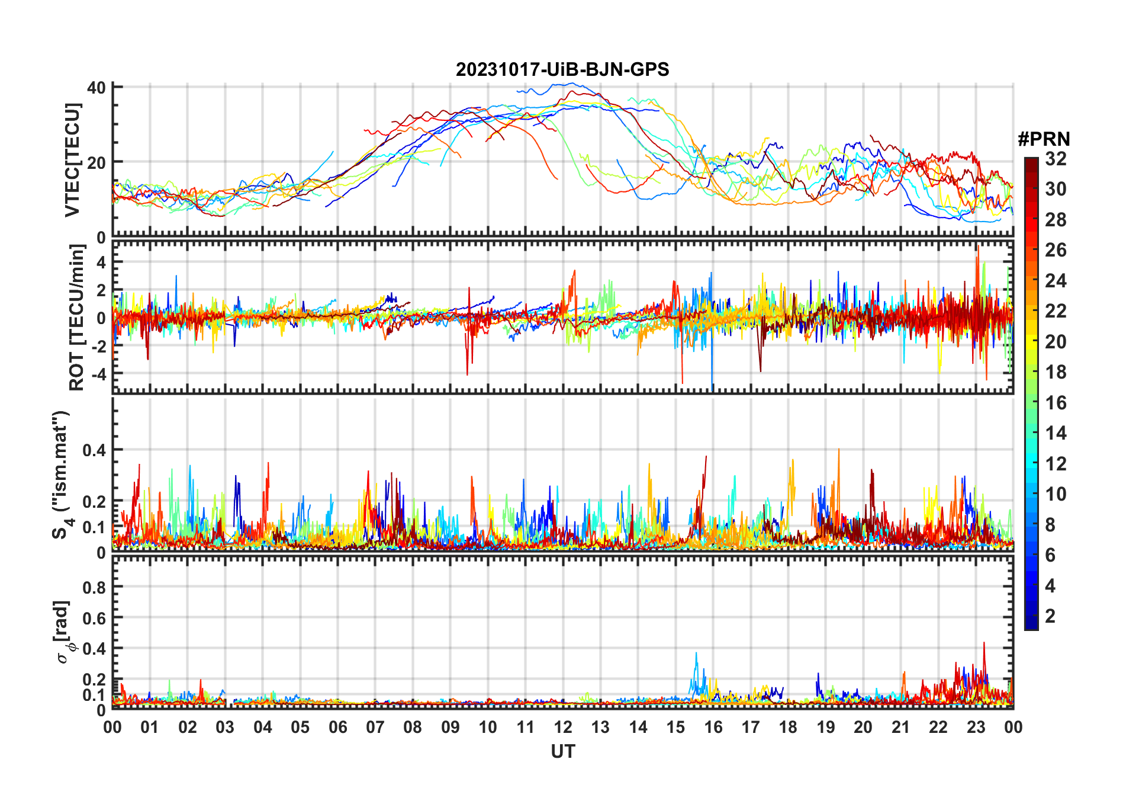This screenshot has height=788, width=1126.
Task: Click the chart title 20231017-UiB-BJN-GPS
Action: click(x=562, y=70)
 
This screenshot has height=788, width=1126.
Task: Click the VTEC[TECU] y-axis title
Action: click(x=72, y=161)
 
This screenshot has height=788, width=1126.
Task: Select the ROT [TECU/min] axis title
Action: click(x=76, y=318)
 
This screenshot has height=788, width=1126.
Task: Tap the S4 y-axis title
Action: click(x=62, y=474)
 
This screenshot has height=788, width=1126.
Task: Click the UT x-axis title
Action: click(x=562, y=751)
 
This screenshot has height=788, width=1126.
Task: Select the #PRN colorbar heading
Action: click(x=1043, y=139)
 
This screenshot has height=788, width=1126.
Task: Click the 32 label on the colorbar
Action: click(x=1056, y=159)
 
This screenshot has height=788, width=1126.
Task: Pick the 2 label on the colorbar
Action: click(x=1050, y=616)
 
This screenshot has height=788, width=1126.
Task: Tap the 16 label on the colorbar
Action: click(x=1056, y=403)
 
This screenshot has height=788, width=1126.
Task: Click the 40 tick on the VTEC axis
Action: click(x=96, y=88)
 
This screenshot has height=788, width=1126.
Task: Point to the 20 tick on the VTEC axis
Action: click(x=96, y=162)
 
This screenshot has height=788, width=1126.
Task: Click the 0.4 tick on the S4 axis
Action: click(x=94, y=450)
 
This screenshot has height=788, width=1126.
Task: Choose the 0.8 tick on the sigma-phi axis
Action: click(x=94, y=587)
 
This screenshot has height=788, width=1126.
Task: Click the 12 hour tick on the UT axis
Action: click(x=562, y=727)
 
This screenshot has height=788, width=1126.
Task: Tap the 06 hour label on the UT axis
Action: click(x=337, y=727)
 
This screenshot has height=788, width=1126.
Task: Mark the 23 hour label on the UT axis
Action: click(x=976, y=727)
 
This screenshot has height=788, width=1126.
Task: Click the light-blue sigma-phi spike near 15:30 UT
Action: click(x=696, y=654)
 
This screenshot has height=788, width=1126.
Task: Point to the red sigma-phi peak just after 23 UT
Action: click(x=984, y=643)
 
